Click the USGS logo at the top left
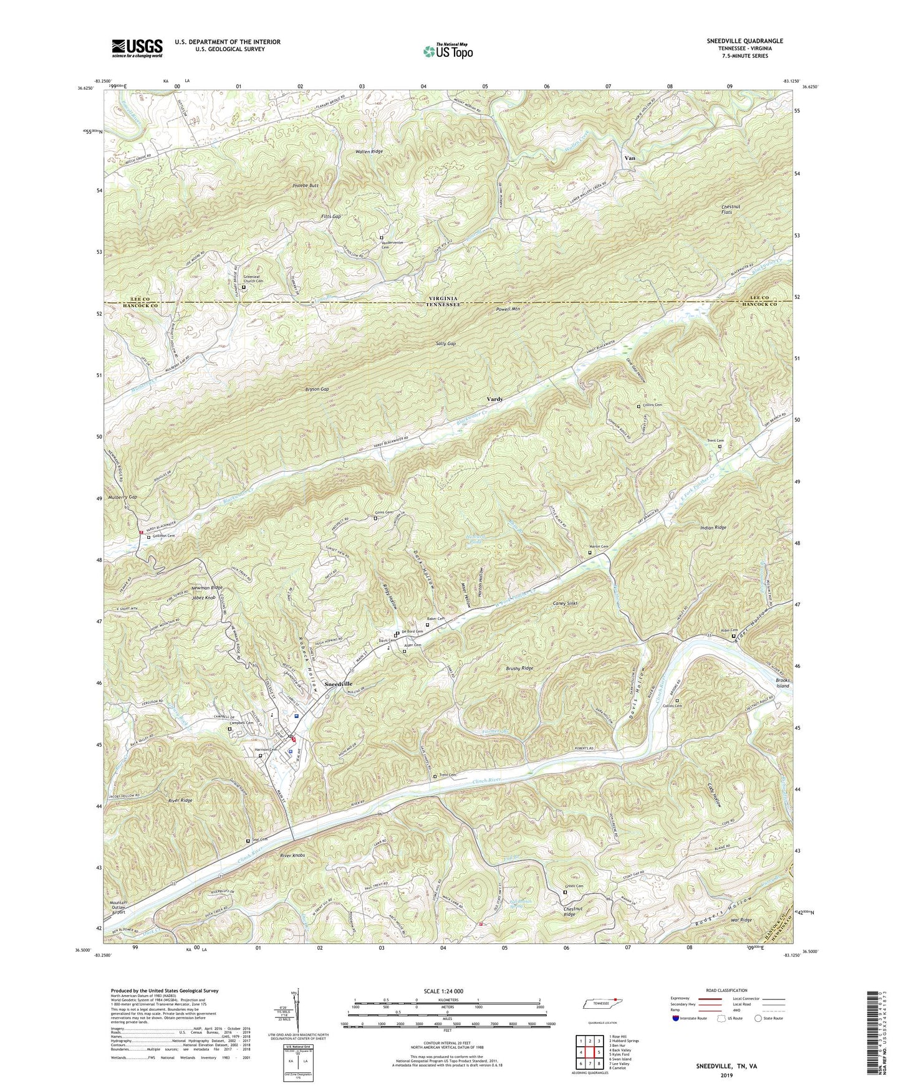137,48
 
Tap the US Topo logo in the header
448,50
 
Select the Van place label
630,158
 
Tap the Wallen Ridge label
369,151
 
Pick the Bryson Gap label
316,389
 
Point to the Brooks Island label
782,682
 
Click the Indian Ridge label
713,528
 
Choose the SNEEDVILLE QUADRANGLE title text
744,41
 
